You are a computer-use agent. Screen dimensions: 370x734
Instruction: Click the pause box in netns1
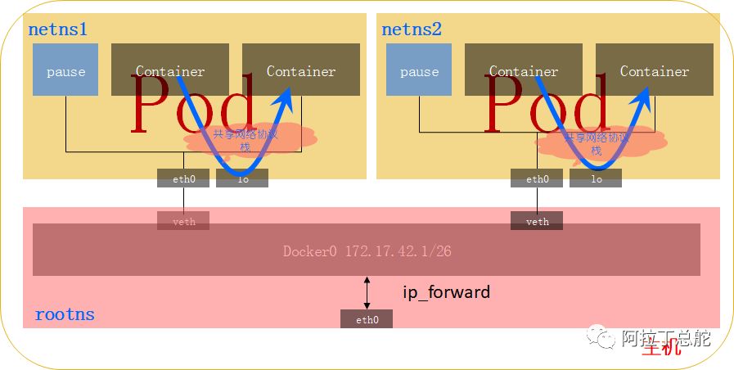[x=65, y=71]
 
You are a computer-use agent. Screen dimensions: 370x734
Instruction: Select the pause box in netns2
[x=419, y=71]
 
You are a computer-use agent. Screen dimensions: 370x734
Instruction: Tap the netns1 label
[x=57, y=30]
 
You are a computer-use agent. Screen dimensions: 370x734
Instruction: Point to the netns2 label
[x=411, y=30]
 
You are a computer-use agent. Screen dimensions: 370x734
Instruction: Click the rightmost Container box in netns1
[x=301, y=71]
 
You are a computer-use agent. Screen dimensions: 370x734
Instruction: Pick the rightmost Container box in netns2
[x=655, y=71]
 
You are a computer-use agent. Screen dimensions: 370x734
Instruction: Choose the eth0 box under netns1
[x=183, y=178]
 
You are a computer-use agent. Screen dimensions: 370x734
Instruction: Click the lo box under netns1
[x=242, y=178]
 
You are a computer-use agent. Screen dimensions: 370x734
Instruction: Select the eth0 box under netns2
[x=537, y=178]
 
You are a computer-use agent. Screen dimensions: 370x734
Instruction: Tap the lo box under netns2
[x=596, y=178]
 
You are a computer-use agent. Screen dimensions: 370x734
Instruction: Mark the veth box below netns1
[x=183, y=221]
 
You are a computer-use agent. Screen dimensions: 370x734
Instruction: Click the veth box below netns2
[x=537, y=221]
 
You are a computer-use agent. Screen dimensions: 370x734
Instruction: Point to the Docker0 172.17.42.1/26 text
[x=367, y=250]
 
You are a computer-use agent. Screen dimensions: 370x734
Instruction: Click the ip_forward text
[x=446, y=291]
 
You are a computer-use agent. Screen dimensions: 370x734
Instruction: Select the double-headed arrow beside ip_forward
[x=367, y=292]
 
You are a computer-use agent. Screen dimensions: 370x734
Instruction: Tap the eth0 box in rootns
[x=367, y=319]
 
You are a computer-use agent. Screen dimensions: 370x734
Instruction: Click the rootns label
[x=65, y=314]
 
